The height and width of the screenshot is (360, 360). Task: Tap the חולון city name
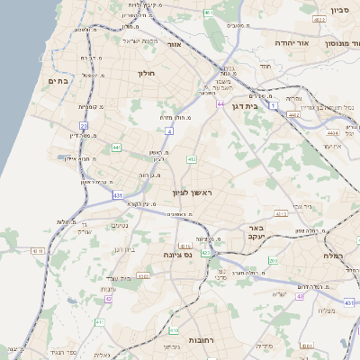coord(148,73)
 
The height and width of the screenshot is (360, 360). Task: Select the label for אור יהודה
coord(289,41)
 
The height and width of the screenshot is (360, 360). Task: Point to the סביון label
coord(339,11)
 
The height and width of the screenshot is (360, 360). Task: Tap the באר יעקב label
coord(256,233)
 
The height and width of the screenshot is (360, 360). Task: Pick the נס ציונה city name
coord(175,255)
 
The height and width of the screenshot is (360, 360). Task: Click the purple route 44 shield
coord(220,104)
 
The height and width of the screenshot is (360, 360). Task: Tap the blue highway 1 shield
coord(270,106)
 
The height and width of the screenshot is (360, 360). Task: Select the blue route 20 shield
coord(84,126)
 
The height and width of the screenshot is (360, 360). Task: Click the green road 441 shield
coord(117,147)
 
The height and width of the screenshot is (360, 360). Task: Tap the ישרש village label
coord(279,293)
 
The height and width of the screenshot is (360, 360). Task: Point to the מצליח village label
coord(328,310)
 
